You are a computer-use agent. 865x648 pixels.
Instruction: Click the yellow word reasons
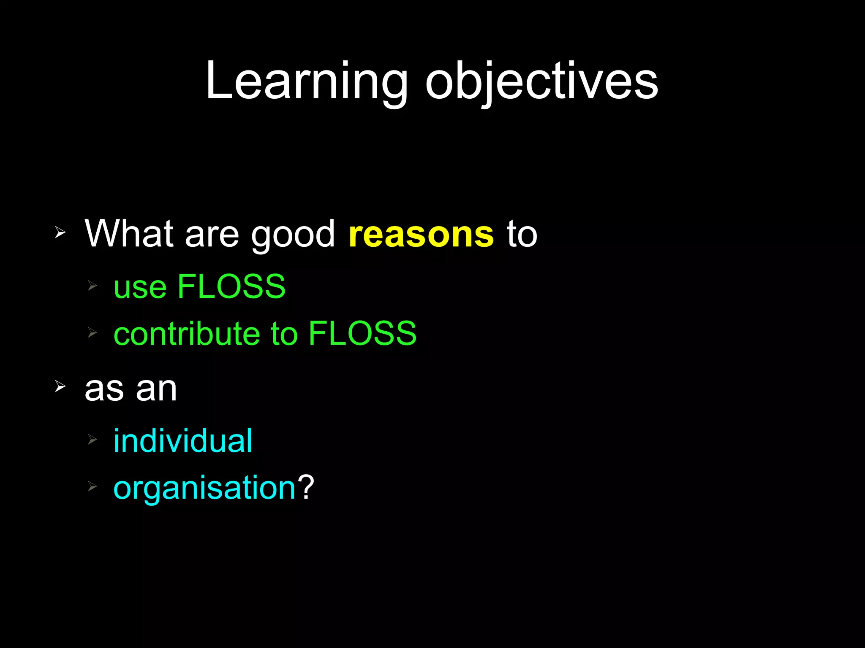pos(421,235)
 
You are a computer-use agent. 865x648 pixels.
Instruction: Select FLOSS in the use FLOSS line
pos(231,286)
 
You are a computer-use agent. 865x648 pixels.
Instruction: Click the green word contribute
pos(186,333)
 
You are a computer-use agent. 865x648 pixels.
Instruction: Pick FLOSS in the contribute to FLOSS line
pos(362,333)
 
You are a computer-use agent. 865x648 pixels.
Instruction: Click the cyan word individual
pos(183,441)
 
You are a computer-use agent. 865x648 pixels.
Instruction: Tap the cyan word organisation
pos(204,489)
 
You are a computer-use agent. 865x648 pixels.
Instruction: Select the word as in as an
pos(104,389)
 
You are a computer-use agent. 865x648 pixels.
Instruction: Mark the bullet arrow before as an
pos(60,386)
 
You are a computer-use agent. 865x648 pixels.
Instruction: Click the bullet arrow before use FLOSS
pos(92,286)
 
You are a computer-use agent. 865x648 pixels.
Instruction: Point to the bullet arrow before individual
pos(92,440)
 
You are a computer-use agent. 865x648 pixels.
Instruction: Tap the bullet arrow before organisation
pos(92,487)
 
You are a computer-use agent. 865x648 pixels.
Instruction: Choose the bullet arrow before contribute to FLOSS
pos(92,333)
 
